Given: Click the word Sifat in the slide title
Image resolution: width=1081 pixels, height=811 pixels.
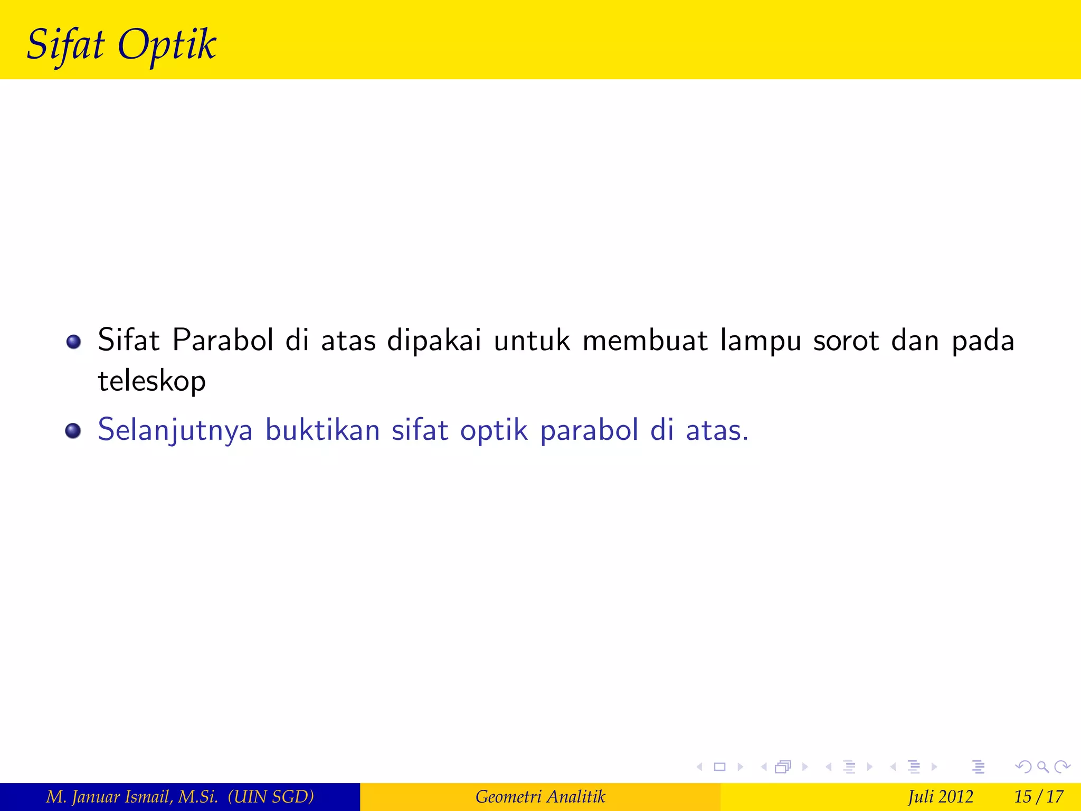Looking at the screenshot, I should click(x=65, y=44).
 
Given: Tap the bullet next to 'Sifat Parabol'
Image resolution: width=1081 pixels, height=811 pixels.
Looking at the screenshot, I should click(x=73, y=342).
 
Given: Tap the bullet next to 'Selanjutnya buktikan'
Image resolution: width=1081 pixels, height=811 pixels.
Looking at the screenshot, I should click(x=73, y=431).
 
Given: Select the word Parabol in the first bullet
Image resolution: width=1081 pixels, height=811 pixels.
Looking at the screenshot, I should click(x=223, y=340).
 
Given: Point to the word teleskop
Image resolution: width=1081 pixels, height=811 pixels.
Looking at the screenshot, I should click(x=151, y=381).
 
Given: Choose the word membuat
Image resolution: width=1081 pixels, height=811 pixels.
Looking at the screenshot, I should click(x=645, y=340).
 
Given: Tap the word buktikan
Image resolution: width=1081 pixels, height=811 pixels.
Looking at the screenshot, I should click(x=323, y=430).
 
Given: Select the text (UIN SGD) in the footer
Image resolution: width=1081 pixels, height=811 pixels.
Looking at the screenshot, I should click(x=271, y=796).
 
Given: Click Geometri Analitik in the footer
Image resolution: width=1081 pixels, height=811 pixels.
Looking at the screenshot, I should click(x=540, y=796).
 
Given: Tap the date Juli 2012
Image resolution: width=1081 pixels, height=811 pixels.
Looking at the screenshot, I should click(x=940, y=796).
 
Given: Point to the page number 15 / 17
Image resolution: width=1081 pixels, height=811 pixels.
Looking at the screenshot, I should click(x=1038, y=796).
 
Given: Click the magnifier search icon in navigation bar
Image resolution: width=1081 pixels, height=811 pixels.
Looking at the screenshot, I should click(x=1042, y=767).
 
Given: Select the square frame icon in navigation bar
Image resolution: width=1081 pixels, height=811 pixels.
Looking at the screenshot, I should click(x=719, y=767).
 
